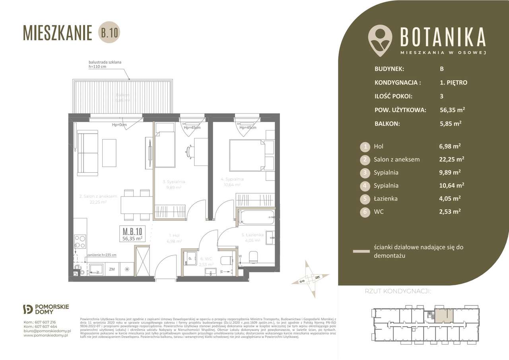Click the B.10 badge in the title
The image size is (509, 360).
pyautogui.click(x=109, y=33)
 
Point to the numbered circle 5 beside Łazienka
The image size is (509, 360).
pyautogui.click(x=365, y=198)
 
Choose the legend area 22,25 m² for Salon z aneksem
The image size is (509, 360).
pyautogui.click(x=449, y=160)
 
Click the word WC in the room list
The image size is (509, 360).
pyautogui.click(x=379, y=212)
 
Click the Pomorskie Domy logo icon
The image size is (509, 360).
pyautogui.click(x=29, y=309)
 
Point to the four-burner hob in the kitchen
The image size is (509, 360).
pyautogui.click(x=80, y=242)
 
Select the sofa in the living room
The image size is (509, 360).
pyautogui.click(x=87, y=154)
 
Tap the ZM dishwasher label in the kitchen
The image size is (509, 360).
pyautogui.click(x=112, y=269)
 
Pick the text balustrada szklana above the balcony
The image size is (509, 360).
pyautogui.click(x=104, y=62)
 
